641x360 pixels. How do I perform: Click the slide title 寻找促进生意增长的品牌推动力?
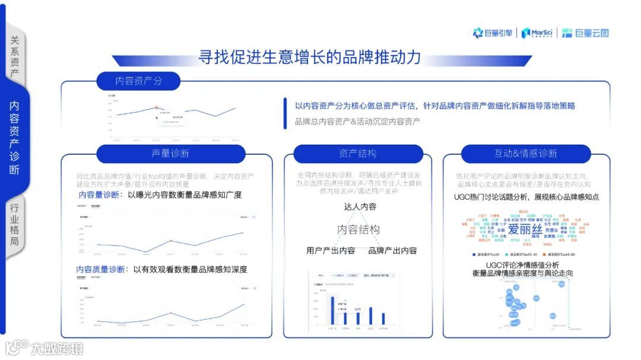point(310,58)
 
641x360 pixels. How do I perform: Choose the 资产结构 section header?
point(357,154)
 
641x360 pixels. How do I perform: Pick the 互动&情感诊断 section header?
point(526,154)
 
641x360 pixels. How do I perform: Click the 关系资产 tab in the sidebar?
point(15,57)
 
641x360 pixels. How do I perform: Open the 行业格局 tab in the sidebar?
point(15,224)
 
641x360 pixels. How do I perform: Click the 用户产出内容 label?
point(331,251)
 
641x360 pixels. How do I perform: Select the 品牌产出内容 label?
point(392,251)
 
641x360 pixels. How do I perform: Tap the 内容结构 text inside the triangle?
point(358,230)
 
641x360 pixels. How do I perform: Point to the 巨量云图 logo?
point(585,33)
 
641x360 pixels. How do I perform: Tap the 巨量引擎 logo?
point(492,33)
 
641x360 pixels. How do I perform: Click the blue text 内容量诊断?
point(99,195)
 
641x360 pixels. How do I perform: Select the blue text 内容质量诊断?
point(101,269)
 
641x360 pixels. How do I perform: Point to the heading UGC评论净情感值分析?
point(522,265)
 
